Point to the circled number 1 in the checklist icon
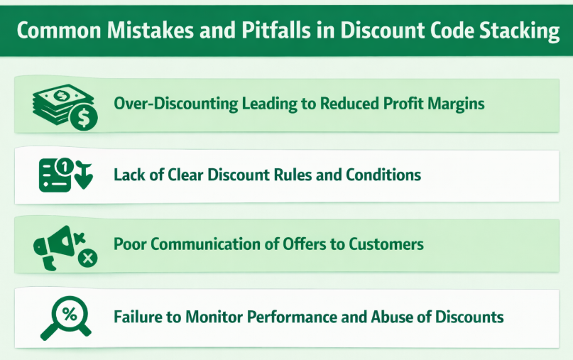point(63,167)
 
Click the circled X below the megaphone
point(87,258)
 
